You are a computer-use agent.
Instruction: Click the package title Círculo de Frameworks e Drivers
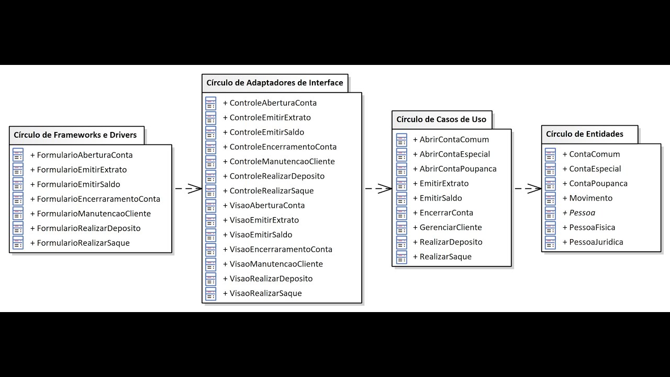(x=75, y=135)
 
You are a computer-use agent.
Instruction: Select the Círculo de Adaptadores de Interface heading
(x=274, y=83)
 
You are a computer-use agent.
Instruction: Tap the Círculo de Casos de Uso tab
(x=441, y=119)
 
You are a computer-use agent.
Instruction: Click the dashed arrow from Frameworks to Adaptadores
(x=187, y=188)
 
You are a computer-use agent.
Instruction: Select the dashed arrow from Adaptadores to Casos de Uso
(x=377, y=188)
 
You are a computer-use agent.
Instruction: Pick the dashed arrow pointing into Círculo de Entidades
(x=527, y=188)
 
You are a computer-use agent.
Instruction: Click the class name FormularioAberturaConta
(x=84, y=155)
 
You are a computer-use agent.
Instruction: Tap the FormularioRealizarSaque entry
(x=83, y=243)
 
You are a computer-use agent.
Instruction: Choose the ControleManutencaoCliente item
(x=282, y=161)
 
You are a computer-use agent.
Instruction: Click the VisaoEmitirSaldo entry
(x=261, y=235)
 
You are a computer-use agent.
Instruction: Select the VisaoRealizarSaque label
(x=265, y=293)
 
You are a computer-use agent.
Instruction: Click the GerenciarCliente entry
(x=450, y=227)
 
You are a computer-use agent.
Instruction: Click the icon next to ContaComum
(x=550, y=154)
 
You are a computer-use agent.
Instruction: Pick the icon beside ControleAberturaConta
(x=210, y=103)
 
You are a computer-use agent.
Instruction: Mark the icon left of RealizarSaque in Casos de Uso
(x=401, y=257)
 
